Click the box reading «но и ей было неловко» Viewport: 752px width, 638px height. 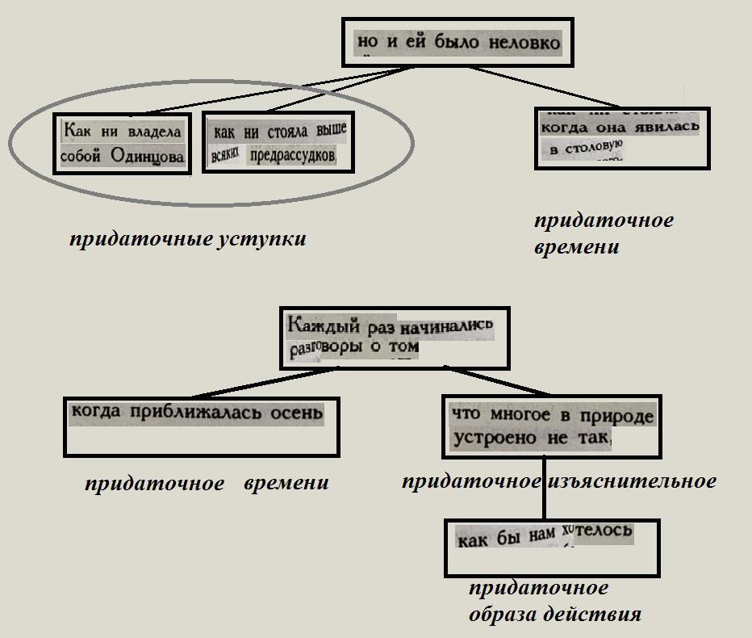[x=457, y=42]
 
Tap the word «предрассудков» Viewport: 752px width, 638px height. [x=292, y=155]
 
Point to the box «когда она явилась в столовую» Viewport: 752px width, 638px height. [x=621, y=138]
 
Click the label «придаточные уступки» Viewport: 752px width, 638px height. [x=187, y=240]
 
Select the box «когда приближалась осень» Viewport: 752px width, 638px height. [x=200, y=426]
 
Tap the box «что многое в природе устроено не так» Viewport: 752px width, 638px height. [x=551, y=426]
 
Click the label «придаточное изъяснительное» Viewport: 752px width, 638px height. [x=558, y=482]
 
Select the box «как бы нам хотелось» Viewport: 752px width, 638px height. [x=552, y=547]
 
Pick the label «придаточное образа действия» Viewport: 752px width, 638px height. [x=554, y=602]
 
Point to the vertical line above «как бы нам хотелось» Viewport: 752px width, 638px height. [x=544, y=489]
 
